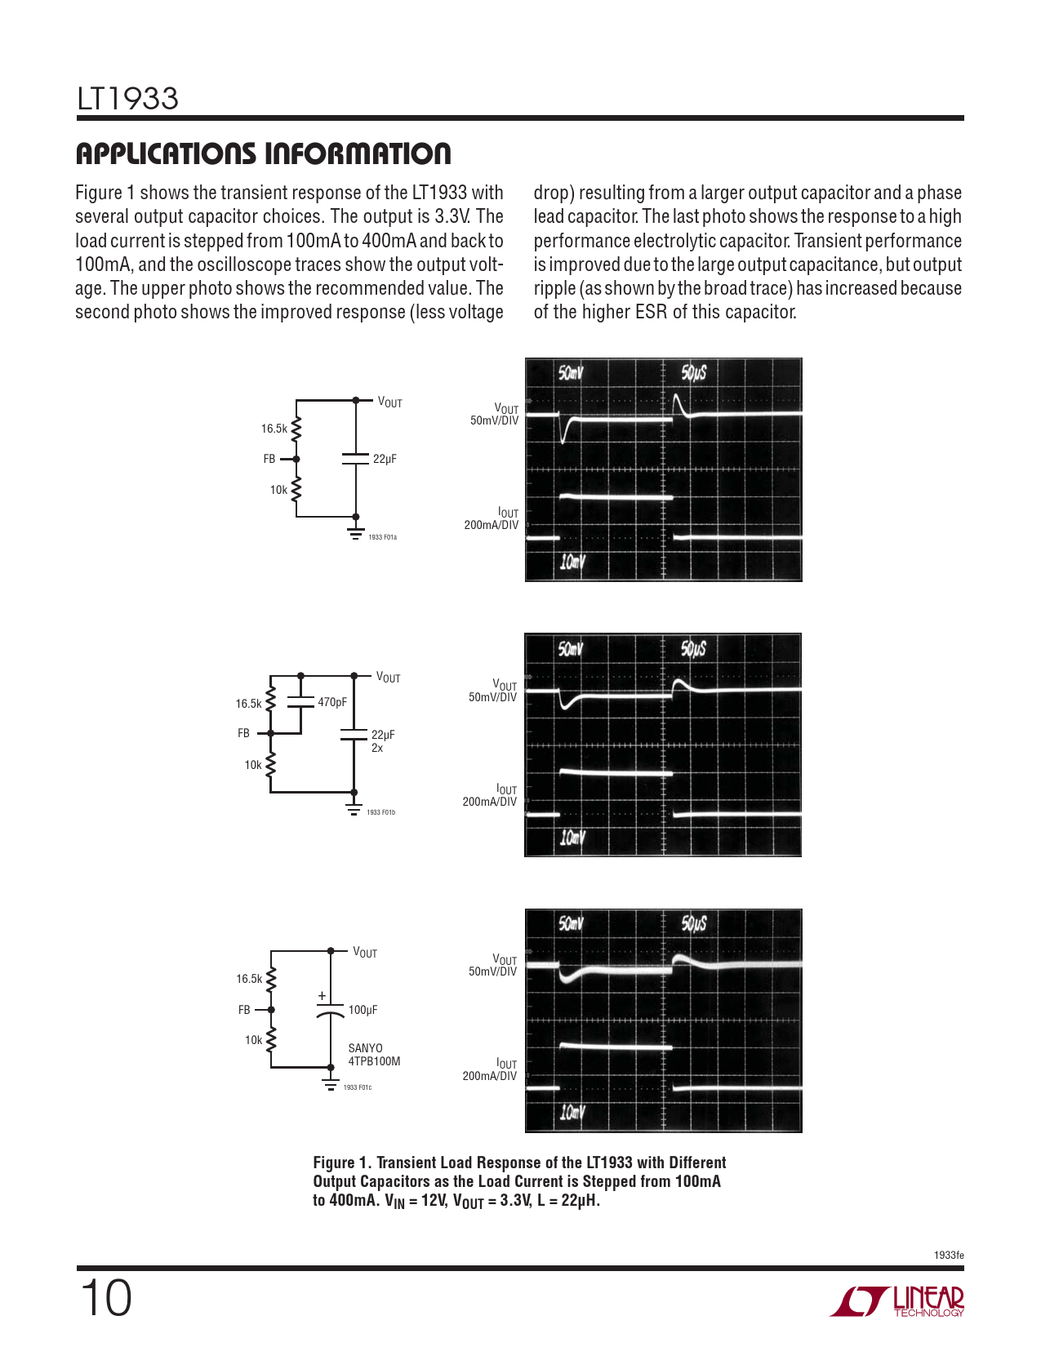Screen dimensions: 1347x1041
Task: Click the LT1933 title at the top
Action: click(x=127, y=100)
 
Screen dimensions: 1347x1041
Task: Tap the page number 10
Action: click(x=105, y=1298)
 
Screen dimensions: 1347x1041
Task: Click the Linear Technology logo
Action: click(x=897, y=1301)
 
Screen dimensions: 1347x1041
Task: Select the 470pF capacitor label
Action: click(x=332, y=702)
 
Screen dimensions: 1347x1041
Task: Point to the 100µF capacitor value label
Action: click(x=363, y=1010)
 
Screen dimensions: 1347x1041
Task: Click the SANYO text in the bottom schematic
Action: click(x=365, y=1048)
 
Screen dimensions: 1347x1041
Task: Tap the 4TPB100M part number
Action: click(x=374, y=1061)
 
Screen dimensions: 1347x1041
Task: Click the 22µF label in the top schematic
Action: click(x=385, y=459)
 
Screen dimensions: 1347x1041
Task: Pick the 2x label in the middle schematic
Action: click(x=377, y=748)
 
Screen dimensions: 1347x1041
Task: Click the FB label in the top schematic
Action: click(x=269, y=459)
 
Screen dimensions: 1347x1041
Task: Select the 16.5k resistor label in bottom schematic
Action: click(x=249, y=979)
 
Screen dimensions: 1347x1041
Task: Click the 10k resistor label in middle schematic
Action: click(x=253, y=765)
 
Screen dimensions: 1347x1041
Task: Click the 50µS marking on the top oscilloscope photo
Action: click(x=694, y=373)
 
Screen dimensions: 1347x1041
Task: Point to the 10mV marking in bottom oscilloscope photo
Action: click(x=572, y=1112)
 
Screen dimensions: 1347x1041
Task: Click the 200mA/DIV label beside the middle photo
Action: click(x=489, y=802)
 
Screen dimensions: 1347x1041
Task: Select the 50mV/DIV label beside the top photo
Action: click(x=494, y=420)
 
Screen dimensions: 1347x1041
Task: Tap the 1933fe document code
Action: click(x=949, y=1255)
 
